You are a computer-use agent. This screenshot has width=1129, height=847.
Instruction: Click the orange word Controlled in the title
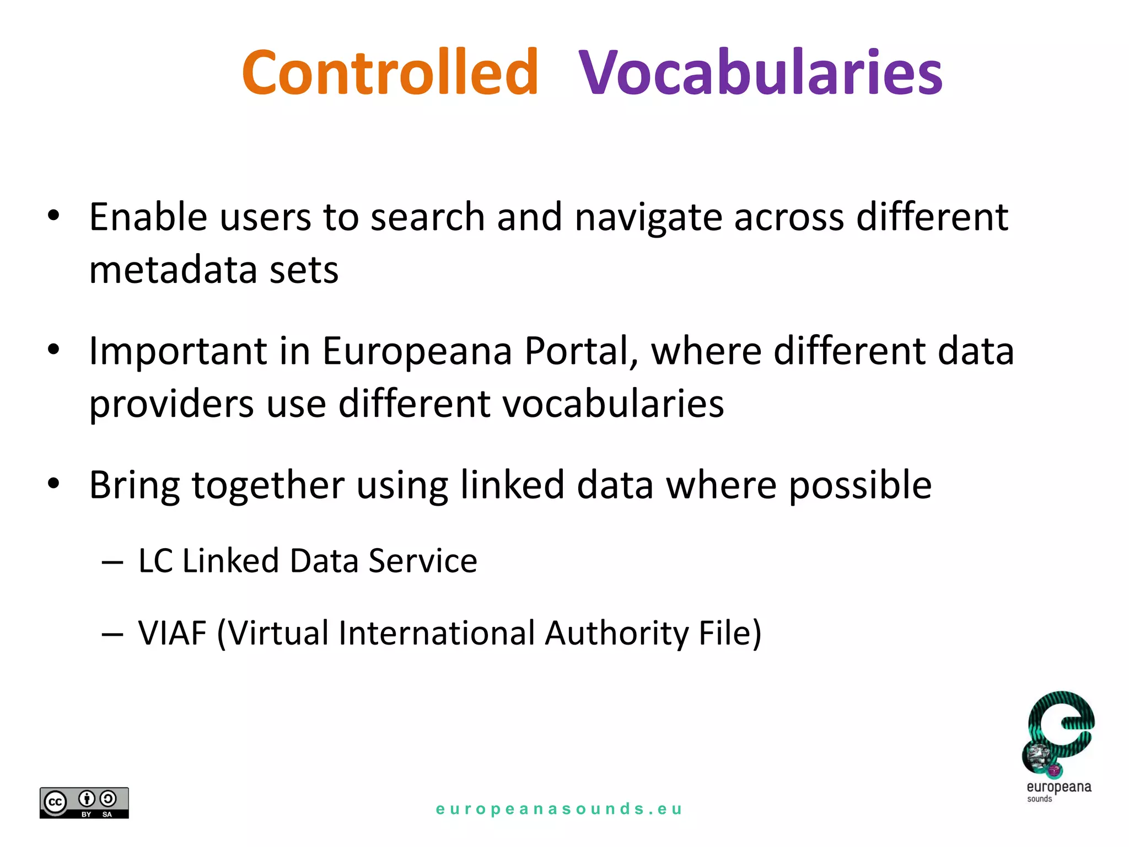[x=390, y=72]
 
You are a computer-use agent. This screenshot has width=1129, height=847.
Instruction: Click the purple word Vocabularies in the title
[x=761, y=72]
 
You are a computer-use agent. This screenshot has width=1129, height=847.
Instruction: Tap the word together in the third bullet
[x=268, y=486]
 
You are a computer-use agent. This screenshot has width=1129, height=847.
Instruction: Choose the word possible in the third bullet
[x=860, y=486]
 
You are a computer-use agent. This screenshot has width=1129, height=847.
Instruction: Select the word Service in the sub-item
[x=423, y=561]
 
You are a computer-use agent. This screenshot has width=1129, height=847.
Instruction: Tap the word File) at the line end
[x=730, y=633]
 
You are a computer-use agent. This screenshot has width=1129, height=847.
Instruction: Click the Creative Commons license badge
[x=84, y=802]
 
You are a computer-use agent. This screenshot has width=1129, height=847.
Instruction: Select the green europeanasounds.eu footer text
[x=559, y=809]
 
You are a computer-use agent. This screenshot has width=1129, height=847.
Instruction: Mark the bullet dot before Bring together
[x=53, y=484]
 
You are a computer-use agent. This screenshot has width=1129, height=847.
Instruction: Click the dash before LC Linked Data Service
[x=112, y=562]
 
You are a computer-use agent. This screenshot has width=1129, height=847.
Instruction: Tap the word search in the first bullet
[x=428, y=218]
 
